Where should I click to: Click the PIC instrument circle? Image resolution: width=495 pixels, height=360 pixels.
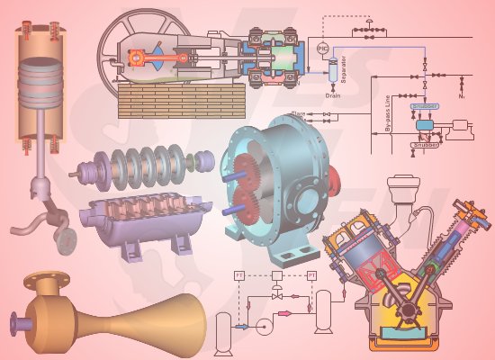323,46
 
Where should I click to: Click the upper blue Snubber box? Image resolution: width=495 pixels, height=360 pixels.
424,106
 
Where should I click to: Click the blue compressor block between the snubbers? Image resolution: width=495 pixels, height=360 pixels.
423,124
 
